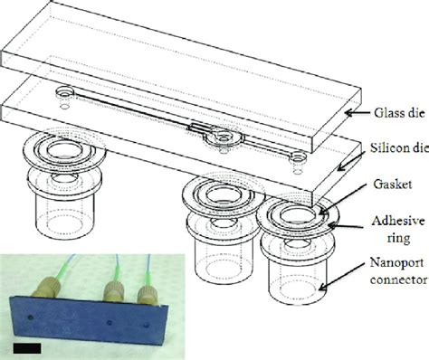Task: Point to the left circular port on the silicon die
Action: tap(65, 93)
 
